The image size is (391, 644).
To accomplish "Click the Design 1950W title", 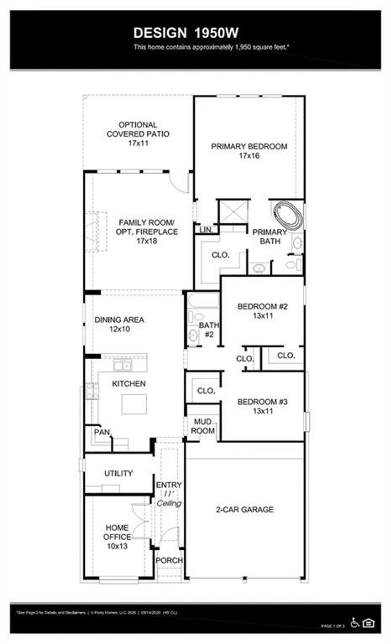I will click(186, 33).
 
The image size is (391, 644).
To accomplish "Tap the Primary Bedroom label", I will click(249, 147).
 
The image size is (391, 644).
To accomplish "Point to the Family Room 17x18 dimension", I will click(147, 241).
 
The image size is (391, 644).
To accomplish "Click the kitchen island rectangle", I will click(134, 404).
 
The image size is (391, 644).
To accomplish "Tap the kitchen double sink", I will click(122, 364).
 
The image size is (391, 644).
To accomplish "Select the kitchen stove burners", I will click(92, 391).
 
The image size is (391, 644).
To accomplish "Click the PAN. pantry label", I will click(102, 432).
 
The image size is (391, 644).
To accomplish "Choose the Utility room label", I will click(119, 473).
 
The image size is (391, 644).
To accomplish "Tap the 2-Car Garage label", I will click(245, 509).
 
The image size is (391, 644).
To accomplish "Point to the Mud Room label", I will click(203, 426).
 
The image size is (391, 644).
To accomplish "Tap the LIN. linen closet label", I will click(206, 230).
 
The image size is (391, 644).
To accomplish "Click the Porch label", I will click(169, 560).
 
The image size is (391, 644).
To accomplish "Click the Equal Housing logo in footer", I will click(368, 623).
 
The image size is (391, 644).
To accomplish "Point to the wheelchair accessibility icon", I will click(355, 622).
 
